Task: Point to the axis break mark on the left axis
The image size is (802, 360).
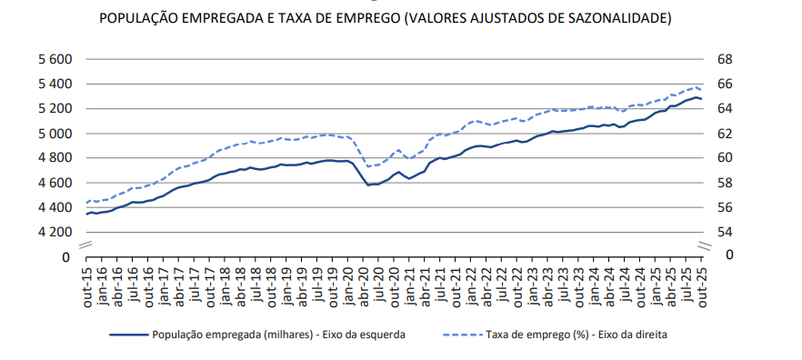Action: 83,245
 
